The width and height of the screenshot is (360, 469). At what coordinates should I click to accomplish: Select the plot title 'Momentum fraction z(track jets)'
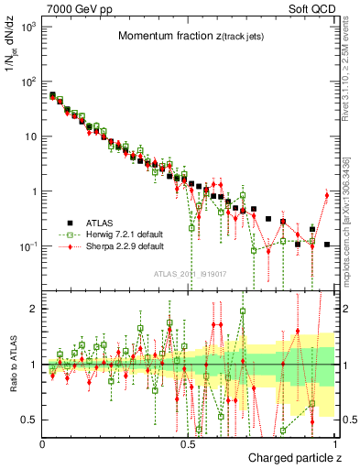(x=190, y=36)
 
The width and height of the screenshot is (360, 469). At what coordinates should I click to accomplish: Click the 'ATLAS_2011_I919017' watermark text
(x=190, y=273)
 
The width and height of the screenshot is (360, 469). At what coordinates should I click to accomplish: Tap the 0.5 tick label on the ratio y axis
(x=29, y=420)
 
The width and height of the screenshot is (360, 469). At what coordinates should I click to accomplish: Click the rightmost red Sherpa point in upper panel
(x=327, y=194)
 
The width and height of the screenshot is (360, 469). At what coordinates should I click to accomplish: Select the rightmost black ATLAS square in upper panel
(x=327, y=244)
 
